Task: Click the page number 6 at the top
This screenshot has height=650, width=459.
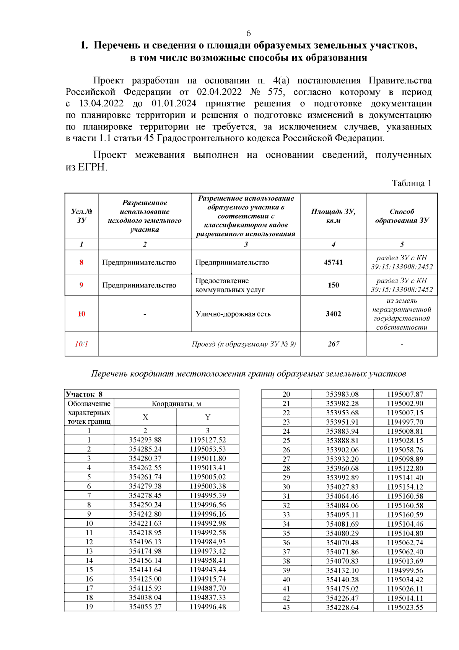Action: [248, 33]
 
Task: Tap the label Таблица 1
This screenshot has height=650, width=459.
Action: [411, 183]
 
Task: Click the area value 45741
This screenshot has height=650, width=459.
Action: [333, 262]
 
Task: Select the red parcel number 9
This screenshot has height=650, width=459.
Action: [81, 285]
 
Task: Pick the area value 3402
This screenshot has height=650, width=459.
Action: [333, 314]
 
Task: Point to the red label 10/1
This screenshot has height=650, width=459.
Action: [81, 344]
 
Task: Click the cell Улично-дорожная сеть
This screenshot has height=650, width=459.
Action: [233, 314]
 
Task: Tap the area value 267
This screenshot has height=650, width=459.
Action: [333, 344]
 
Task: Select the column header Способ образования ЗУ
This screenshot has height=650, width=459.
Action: [402, 216]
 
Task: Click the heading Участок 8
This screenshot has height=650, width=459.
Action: [84, 394]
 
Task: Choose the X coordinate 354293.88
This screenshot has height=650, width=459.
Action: [145, 440]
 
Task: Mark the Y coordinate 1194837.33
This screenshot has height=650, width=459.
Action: [208, 597]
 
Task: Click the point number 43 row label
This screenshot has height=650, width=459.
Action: [286, 607]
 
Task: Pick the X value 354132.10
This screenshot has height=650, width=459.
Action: [342, 570]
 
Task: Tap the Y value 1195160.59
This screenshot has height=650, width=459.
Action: [405, 514]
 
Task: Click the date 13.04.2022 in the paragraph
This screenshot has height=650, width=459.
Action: [101, 104]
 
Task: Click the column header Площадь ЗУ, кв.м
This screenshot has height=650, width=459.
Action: [333, 216]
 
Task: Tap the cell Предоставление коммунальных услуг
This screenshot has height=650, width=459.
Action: [230, 285]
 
